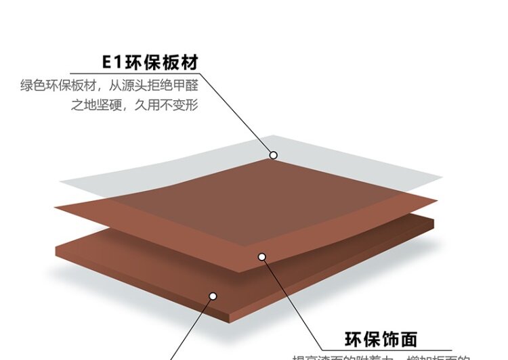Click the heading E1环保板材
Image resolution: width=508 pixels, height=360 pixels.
point(150,62)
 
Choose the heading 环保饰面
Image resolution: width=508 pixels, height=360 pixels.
point(381,338)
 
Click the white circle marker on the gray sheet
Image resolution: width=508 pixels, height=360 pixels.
point(274,155)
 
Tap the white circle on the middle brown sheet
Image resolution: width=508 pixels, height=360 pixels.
point(262,256)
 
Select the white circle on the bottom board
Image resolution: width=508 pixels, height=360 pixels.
point(212,296)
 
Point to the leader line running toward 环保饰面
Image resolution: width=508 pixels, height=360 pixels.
point(291,301)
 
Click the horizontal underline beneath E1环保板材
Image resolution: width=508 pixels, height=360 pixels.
point(135,74)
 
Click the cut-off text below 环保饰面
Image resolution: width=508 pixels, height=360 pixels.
point(379,357)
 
